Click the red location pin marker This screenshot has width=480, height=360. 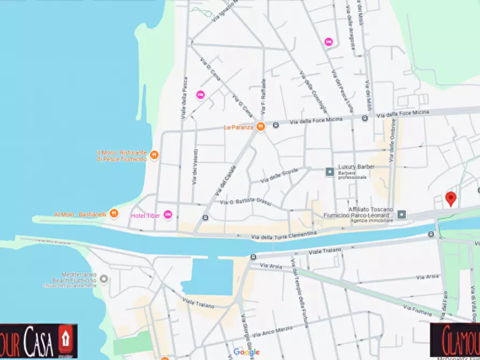[x=451, y=198]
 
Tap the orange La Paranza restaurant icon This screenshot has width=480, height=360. [x=261, y=127]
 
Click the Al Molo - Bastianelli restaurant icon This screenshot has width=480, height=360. [x=113, y=214]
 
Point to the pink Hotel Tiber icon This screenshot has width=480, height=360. [x=168, y=215]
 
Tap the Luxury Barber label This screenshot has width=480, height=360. [x=356, y=167]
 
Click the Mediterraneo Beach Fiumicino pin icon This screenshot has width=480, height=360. [x=104, y=279]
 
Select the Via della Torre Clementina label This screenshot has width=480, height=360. [x=284, y=235]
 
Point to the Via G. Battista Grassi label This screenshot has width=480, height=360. [x=246, y=201]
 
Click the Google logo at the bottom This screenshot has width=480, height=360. [x=246, y=352]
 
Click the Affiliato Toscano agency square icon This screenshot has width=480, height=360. [x=402, y=214]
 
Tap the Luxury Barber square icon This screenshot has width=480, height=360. [x=329, y=172]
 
